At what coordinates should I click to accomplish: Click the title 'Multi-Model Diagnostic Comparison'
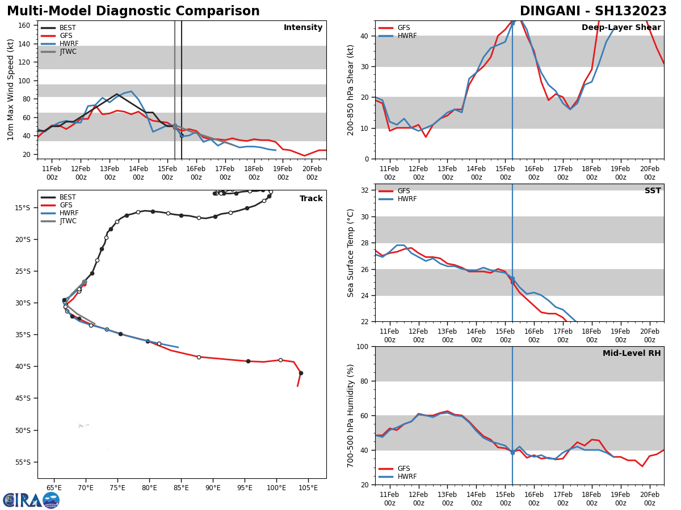[x=133, y=11]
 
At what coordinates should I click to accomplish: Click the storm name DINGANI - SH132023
[x=593, y=11]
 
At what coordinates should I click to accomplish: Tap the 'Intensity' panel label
[x=303, y=28]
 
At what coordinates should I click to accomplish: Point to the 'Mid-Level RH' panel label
[x=632, y=354]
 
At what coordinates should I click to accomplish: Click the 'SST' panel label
[x=653, y=191]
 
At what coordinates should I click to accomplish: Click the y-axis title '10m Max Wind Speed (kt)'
[x=11, y=90]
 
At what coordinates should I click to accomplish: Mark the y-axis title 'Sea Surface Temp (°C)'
[x=351, y=253]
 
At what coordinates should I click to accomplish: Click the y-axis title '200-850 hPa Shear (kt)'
[x=351, y=90]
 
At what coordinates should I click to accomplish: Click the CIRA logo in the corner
[x=31, y=500]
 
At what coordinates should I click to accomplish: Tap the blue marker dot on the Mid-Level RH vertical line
[x=512, y=453]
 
